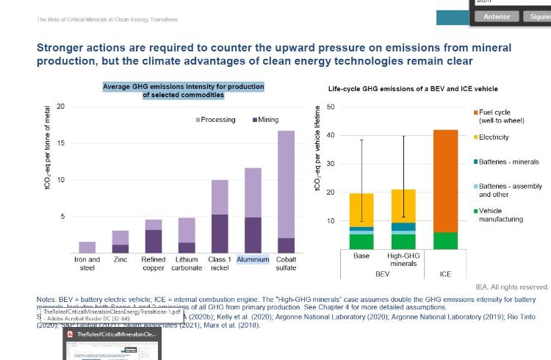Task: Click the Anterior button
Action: (497, 16)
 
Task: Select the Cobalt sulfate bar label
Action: (286, 264)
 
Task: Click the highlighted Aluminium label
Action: (253, 259)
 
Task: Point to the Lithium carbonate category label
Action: (187, 264)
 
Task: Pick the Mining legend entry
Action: (265, 120)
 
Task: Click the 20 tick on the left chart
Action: (60, 107)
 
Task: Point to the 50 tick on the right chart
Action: (331, 107)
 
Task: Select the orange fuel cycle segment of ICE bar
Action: (445, 180)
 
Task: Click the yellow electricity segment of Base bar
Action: (361, 209)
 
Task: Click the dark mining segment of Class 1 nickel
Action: (220, 234)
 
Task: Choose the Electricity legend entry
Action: (493, 137)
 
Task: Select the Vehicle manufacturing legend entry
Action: (500, 215)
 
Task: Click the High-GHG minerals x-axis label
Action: (403, 260)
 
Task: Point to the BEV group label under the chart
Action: (382, 274)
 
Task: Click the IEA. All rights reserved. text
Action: (512, 287)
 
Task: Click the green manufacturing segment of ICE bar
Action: (445, 240)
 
